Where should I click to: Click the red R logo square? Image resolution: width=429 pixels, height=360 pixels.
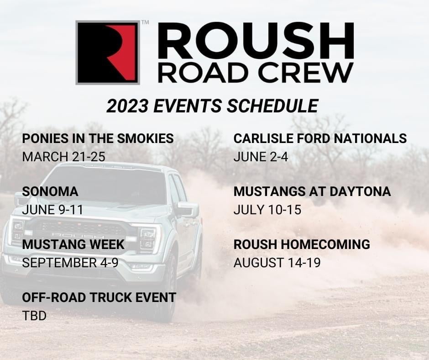tap(108, 53)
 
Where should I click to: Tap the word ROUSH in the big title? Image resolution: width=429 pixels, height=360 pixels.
tap(256, 41)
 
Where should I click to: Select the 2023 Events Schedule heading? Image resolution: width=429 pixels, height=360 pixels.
tap(212, 106)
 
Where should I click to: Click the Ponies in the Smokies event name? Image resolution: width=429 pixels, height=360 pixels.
tap(98, 138)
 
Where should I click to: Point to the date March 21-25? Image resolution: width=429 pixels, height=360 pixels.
tap(63, 157)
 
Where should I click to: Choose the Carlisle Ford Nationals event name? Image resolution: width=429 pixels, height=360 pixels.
tap(320, 138)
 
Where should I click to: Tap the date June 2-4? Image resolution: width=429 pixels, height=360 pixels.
tap(261, 157)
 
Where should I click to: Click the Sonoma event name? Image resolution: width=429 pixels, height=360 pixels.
tap(50, 191)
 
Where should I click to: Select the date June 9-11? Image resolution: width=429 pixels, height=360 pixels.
tap(52, 210)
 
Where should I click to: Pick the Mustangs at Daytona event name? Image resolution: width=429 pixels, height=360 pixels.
tap(312, 191)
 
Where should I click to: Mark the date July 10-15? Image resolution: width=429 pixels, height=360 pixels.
tap(267, 210)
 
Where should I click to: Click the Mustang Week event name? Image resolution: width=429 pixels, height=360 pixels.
tap(73, 244)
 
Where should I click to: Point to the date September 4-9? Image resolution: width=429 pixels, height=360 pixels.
tap(70, 263)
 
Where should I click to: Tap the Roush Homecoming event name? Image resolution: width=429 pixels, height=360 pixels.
tap(302, 244)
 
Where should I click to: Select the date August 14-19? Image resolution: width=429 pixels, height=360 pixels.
tap(277, 263)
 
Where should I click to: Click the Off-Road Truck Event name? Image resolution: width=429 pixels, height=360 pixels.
tap(99, 297)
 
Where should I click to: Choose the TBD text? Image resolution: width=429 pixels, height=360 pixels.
tap(34, 316)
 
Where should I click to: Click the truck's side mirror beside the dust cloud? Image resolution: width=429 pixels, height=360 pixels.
tap(188, 210)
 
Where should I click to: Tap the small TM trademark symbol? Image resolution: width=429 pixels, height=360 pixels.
tap(145, 22)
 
